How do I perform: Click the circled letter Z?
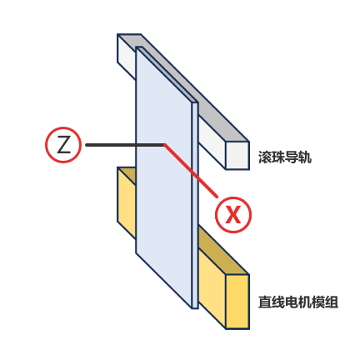(x=63, y=145)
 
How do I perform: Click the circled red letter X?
(x=233, y=215)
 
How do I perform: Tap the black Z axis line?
(x=125, y=145)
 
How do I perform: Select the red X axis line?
(x=191, y=171)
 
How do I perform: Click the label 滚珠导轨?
(x=285, y=157)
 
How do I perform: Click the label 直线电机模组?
(x=298, y=302)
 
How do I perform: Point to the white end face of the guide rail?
(x=237, y=155)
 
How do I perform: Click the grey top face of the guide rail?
(x=194, y=89)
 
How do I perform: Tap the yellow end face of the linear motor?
(x=237, y=302)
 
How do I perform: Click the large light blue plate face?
(x=164, y=177)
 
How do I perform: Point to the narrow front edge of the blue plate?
(x=195, y=205)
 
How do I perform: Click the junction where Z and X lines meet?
(x=165, y=145)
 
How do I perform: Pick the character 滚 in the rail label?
(x=265, y=157)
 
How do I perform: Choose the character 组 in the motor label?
(x=332, y=302)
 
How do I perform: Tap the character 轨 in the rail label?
(x=305, y=157)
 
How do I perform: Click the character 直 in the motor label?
(x=265, y=302)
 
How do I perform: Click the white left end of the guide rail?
(x=127, y=57)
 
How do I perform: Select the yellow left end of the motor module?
(x=127, y=202)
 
